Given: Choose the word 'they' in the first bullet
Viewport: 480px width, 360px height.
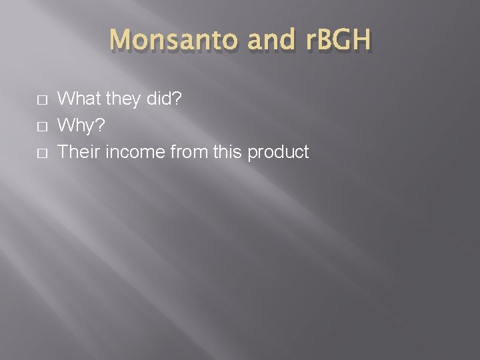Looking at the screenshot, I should [x=119, y=99].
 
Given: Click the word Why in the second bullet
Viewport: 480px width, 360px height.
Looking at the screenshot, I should [x=77, y=125].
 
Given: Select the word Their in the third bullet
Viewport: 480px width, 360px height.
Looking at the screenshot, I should [x=78, y=151].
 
